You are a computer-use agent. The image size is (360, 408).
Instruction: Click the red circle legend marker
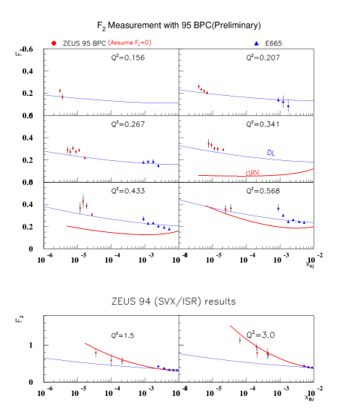pos(53,43)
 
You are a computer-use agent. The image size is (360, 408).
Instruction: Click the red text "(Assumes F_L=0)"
pos(129,43)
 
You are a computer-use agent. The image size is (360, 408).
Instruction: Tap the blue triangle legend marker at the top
pos(256,43)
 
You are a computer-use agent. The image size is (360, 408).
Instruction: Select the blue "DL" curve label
pos(271,153)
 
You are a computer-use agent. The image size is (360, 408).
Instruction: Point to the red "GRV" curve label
pos(252,174)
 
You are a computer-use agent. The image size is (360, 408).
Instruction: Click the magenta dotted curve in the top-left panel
pos(112,114)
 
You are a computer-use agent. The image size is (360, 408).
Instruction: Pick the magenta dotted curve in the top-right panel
pos(247,114)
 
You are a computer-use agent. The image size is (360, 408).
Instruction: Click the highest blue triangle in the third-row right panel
pos(278,208)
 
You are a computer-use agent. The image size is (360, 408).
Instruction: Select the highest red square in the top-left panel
pos(61,91)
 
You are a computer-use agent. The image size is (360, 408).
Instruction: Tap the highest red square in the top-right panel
pos(198,86)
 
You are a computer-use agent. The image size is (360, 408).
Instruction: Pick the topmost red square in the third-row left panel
pos(83,201)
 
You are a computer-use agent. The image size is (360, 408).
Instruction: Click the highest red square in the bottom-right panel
pos(240,341)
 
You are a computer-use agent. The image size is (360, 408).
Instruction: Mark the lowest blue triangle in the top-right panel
pos(288,106)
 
